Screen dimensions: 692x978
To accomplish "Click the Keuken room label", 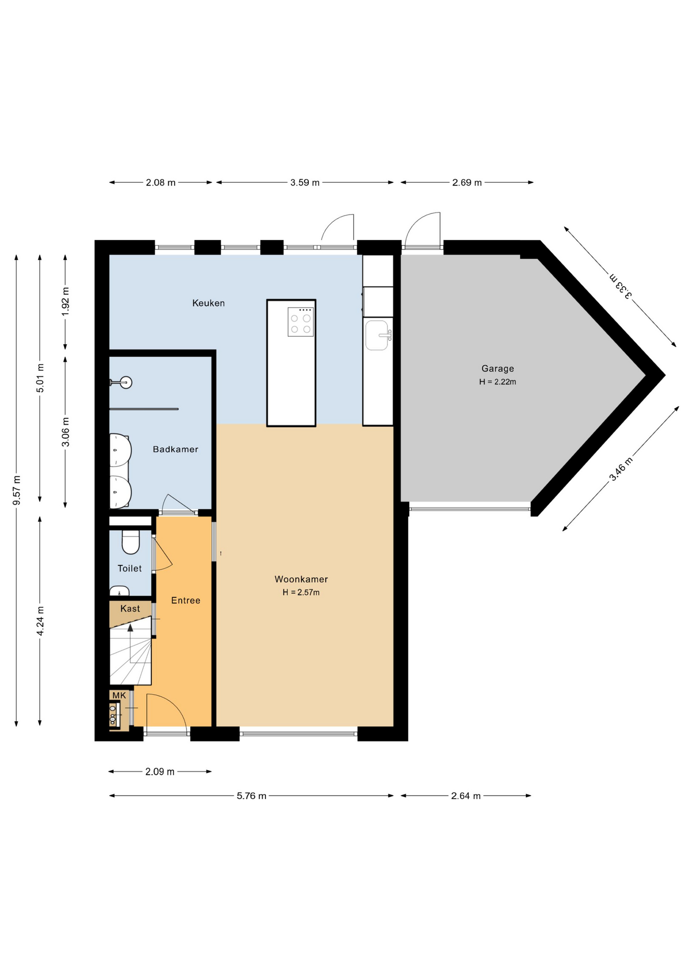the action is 208,303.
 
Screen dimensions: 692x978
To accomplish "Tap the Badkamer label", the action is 175,449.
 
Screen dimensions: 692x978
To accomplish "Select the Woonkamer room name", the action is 301,579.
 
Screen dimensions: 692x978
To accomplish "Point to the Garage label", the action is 498,369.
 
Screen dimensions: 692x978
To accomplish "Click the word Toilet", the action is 130,568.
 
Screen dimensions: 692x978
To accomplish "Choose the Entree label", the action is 186,601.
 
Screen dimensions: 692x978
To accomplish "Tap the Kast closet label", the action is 130,609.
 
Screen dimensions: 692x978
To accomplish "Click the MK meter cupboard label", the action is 119,695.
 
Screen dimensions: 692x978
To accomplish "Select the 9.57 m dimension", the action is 17,491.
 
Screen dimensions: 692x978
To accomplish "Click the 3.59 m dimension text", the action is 305,182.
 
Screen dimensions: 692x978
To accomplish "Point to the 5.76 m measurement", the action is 252,796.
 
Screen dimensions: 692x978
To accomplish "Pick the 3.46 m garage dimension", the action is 621,469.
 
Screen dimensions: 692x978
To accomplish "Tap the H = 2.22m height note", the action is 498,382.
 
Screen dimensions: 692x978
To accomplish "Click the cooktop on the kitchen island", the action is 301,322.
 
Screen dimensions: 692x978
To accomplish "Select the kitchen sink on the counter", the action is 378,335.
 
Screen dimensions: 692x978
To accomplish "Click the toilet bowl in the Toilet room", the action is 131,542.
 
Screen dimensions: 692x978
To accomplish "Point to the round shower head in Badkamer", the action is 126,383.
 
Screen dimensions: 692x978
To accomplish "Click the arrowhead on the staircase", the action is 130,628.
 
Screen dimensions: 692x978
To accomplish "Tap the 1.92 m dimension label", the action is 65,302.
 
